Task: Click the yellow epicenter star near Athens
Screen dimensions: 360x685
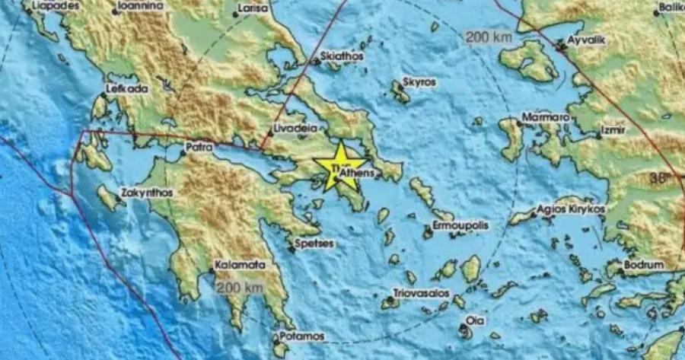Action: click(339, 164)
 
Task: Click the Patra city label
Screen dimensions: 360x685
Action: click(199, 148)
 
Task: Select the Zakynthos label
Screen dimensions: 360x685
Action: click(146, 193)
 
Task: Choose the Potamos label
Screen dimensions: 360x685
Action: click(302, 336)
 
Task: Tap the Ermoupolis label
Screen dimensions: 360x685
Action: click(460, 227)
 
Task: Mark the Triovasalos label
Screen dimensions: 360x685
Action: click(421, 293)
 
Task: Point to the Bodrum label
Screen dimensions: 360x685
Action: click(643, 265)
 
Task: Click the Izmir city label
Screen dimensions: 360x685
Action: click(613, 131)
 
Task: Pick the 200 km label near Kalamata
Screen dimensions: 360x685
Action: click(239, 288)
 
